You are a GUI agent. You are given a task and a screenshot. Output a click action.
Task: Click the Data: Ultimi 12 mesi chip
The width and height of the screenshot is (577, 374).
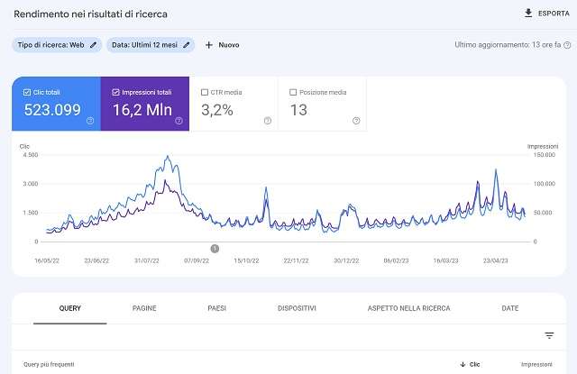[151, 44]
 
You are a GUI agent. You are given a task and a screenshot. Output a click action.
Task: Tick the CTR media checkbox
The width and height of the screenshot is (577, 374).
[205, 92]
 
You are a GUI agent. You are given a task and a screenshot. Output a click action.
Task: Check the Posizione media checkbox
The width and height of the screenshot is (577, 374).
[294, 92]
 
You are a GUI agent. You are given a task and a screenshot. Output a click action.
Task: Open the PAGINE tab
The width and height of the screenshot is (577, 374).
[144, 308]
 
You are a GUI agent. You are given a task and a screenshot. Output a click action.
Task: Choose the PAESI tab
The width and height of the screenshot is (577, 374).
[216, 308]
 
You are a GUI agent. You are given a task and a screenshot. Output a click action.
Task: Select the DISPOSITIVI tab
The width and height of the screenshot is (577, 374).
[297, 308]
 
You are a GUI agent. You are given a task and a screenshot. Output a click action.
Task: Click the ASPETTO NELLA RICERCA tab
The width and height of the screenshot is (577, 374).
[408, 308]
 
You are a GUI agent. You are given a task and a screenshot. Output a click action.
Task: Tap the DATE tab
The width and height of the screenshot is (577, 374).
[510, 308]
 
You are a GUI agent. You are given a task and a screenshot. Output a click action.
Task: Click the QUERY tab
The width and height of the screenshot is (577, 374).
[70, 308]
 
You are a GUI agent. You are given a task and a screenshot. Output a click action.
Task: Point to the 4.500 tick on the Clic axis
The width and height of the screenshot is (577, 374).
[29, 155]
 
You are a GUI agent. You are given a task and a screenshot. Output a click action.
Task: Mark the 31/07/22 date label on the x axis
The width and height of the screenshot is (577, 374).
[146, 260]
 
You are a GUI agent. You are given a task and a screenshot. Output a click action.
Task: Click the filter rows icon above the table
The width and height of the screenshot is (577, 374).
[549, 335]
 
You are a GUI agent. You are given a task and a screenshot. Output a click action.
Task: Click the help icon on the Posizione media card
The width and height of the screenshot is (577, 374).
[356, 121]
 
